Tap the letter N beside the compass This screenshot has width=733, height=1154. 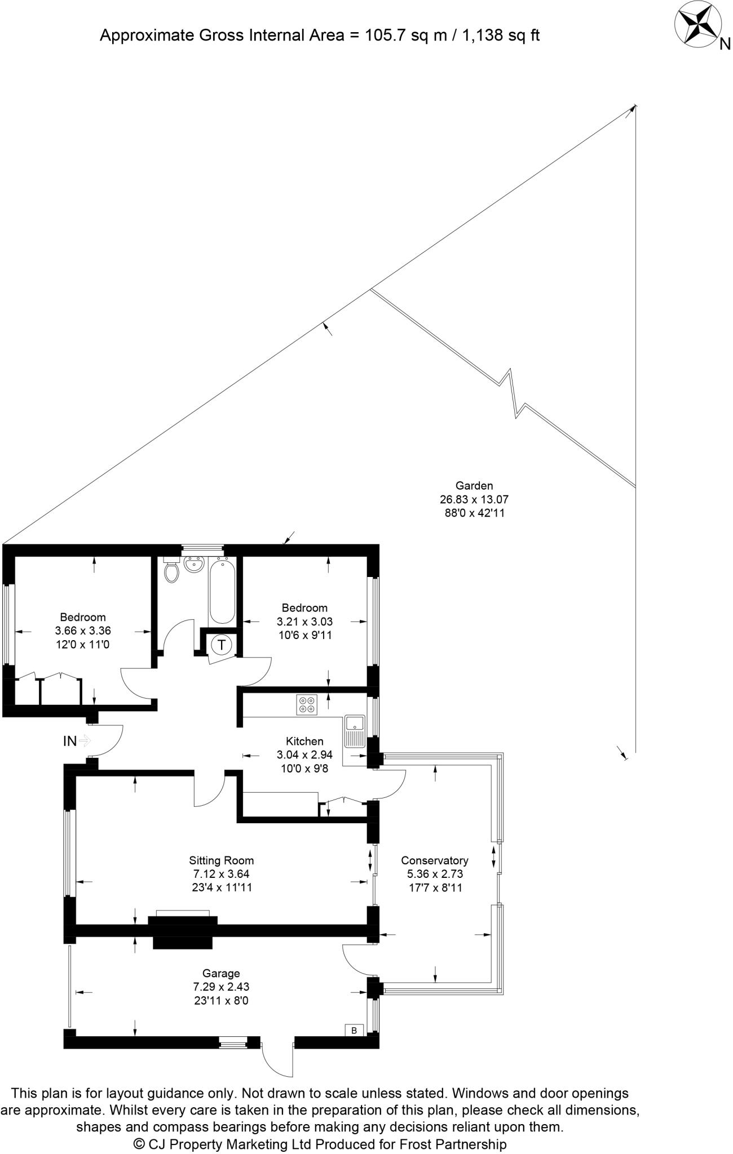(x=725, y=44)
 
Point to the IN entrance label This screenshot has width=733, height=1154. (x=70, y=741)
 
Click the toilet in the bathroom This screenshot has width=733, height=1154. (x=171, y=571)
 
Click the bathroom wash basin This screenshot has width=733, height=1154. (x=194, y=564)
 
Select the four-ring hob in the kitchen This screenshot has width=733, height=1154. (x=307, y=704)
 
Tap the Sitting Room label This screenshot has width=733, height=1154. (x=221, y=860)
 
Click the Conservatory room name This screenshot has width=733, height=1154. (x=434, y=860)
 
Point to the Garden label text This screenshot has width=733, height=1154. (x=474, y=486)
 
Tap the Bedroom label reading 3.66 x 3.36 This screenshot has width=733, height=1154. (x=83, y=631)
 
